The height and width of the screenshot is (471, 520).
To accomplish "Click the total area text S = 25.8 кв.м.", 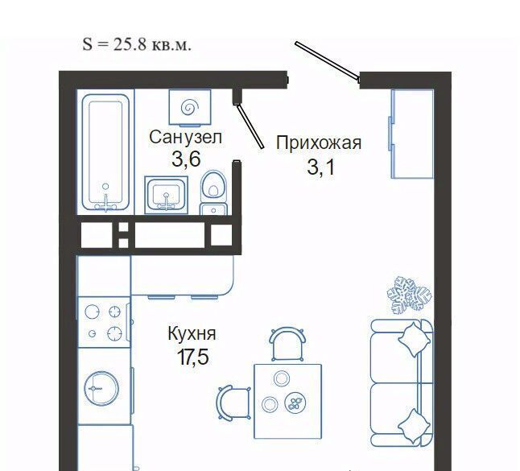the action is tap(137, 44).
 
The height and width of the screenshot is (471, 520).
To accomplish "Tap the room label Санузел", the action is tap(185, 138).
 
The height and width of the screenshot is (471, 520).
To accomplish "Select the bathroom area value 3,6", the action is tap(187, 159).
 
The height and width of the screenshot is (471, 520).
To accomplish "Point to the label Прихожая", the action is tap(319, 143).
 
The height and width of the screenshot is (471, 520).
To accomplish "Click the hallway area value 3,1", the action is tap(320, 167).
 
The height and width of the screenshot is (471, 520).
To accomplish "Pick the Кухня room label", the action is tap(192, 333).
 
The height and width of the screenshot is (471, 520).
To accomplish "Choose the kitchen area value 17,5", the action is tap(192, 357).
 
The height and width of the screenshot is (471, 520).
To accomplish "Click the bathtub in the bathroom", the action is tap(105, 153).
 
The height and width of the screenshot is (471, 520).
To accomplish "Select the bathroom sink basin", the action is tap(167, 195).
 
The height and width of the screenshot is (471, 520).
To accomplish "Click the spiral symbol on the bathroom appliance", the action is tap(190, 107).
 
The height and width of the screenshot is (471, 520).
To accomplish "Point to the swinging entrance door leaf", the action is tap(327, 62).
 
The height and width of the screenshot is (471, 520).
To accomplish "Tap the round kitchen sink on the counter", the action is tap(101, 388).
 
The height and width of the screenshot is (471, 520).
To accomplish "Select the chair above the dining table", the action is tap(287, 344).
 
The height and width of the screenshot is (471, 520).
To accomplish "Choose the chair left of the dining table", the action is tap(233, 403).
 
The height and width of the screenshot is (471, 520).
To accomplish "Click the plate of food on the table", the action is tap(295, 403).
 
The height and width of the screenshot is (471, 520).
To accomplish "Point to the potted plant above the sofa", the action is tap(409, 295).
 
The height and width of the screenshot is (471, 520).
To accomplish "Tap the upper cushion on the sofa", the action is tap(414, 340).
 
